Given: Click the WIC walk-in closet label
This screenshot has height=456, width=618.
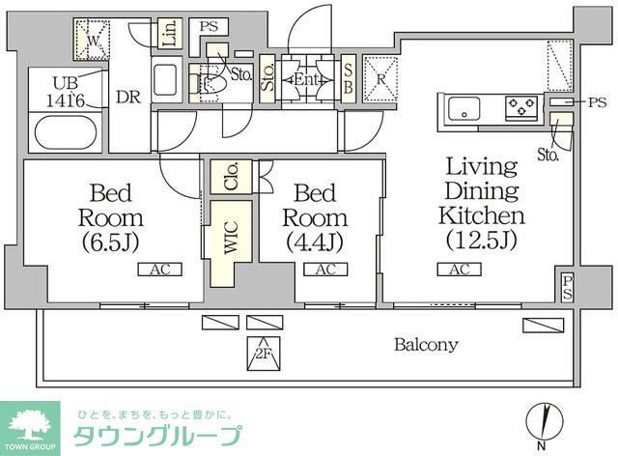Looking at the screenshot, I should point(231,242).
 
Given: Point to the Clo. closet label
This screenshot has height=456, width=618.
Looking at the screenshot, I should point(232,177).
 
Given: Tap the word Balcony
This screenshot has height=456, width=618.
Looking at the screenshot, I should point(426,344).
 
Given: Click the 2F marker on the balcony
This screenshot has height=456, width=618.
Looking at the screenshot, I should point(261,352).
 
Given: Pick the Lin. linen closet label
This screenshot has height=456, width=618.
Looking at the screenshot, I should point(170,34).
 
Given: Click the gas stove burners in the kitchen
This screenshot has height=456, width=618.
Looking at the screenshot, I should point(522,106).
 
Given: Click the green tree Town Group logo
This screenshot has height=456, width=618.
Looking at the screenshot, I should point(30,424).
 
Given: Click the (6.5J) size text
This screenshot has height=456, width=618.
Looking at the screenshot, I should point(118,240).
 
